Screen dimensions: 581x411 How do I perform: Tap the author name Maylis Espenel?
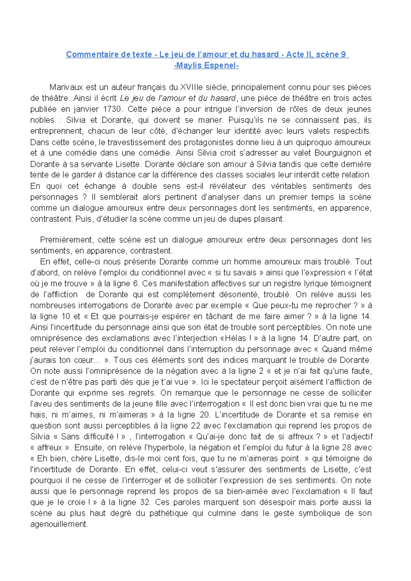tap(206, 65)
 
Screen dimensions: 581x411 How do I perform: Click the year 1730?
tap(112, 109)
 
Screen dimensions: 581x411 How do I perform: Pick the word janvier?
tap(86, 109)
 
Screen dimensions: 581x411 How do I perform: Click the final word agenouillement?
tap(59, 524)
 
